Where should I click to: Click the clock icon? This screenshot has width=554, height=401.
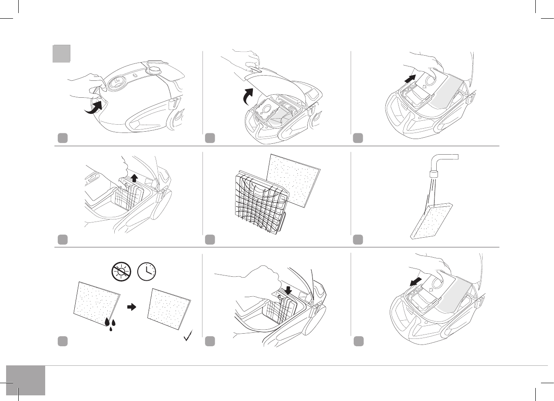point(147,272)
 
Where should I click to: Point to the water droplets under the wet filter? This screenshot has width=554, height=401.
point(112,324)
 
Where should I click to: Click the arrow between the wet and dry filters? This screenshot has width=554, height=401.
point(131,307)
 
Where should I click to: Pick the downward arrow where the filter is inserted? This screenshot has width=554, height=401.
point(289,289)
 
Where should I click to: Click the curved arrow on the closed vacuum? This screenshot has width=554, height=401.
point(95,108)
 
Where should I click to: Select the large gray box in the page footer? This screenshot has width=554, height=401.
point(26,380)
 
